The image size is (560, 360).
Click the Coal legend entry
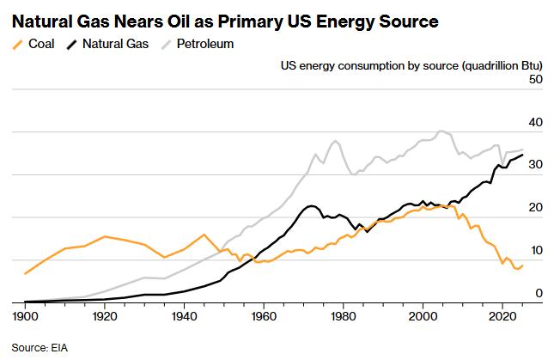point(33,44)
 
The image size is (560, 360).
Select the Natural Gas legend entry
point(107,44)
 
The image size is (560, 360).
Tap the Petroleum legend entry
point(198,44)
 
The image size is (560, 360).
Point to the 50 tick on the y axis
point(535,79)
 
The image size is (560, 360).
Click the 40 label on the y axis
point(535,122)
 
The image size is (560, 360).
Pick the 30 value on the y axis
point(535,165)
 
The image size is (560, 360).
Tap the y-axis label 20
point(535,208)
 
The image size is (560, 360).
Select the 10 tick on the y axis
point(536,250)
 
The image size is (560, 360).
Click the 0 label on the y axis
point(539,293)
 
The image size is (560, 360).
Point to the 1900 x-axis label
point(25,316)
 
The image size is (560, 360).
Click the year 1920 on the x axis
point(105,316)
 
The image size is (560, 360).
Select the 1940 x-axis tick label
point(184,316)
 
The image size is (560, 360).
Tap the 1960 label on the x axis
point(264,316)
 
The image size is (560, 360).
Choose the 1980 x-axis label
point(344,316)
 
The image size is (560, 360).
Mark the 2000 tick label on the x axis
point(423,316)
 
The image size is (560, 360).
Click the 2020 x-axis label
point(502,316)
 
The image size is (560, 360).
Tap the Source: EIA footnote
point(40,347)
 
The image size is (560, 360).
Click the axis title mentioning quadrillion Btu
point(411,65)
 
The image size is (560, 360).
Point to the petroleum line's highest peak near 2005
point(441,131)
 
